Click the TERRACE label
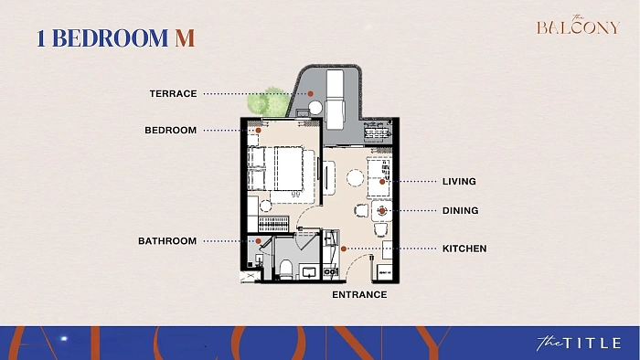pos(173,94)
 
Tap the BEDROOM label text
pos(171,131)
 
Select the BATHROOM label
pos(167,241)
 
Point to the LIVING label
pos(459,182)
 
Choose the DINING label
pos(461,211)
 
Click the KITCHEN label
pos(464,249)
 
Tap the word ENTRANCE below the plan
pos(359,295)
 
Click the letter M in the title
pos(185,37)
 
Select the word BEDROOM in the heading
pos(111,37)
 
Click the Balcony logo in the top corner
pos(579,26)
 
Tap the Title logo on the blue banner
pos(579,343)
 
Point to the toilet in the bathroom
pos(286,270)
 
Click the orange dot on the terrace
pos(310,94)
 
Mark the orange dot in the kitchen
pos(344,249)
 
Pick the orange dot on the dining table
pos(382,211)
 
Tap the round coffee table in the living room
pos(355,178)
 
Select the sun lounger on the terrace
pos(336,99)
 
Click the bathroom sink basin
pos(309,272)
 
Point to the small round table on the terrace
pos(315,108)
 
